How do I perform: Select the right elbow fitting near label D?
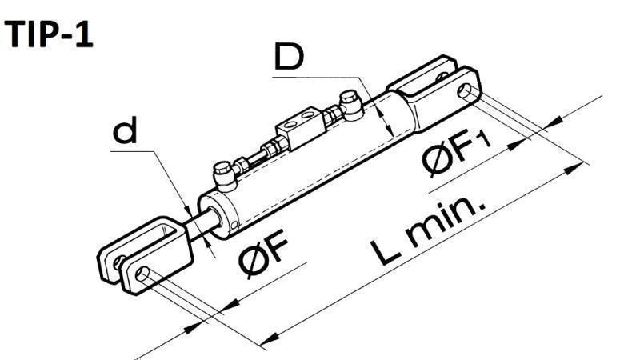349,102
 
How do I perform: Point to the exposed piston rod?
201,223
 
